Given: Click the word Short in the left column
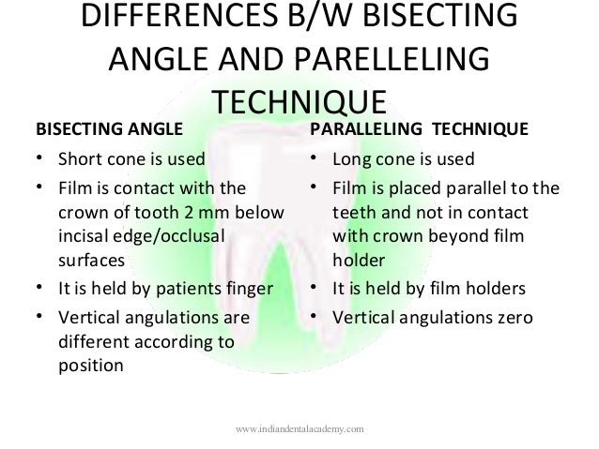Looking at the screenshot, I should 79,157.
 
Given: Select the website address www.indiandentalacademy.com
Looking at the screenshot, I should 300,428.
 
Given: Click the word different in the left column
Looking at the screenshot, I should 91,342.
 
